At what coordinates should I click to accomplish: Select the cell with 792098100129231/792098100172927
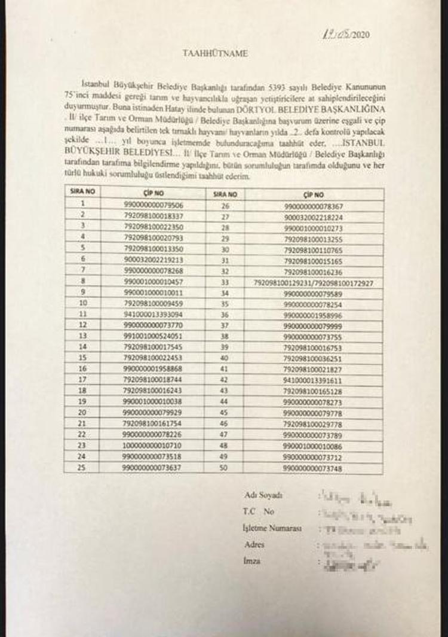pos(314,281)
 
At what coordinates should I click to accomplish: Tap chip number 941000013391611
pos(314,379)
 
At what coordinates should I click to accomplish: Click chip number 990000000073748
pos(314,467)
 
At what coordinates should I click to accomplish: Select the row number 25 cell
pos(83,467)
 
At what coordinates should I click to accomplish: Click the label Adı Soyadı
pos(263,495)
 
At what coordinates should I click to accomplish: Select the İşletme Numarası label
pos(272,529)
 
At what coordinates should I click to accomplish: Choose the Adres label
pos(254,545)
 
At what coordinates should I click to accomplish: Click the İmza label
pos(252,562)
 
